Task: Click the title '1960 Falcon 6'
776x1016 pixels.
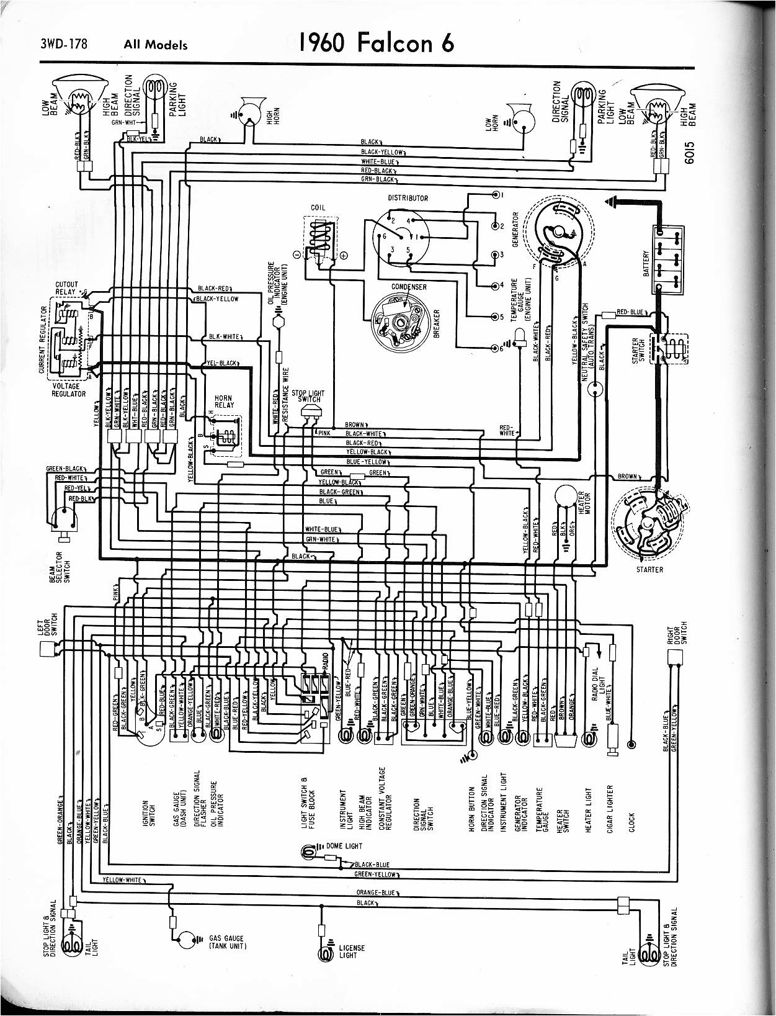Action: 376,42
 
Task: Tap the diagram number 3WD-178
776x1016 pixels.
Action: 65,44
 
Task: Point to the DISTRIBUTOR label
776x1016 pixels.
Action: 408,199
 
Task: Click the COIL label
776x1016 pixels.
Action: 318,207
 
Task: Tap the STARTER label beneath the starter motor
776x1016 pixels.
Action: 649,569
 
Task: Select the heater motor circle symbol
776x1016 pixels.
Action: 566,496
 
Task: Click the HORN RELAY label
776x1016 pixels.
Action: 223,402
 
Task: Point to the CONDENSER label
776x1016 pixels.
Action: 409,287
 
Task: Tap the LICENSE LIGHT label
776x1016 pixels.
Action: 352,951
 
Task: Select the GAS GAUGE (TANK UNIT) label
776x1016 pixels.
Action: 226,942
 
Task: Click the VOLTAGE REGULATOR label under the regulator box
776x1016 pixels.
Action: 68,390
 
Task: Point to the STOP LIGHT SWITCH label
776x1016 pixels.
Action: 308,396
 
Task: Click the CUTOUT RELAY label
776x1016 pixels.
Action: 66,288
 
